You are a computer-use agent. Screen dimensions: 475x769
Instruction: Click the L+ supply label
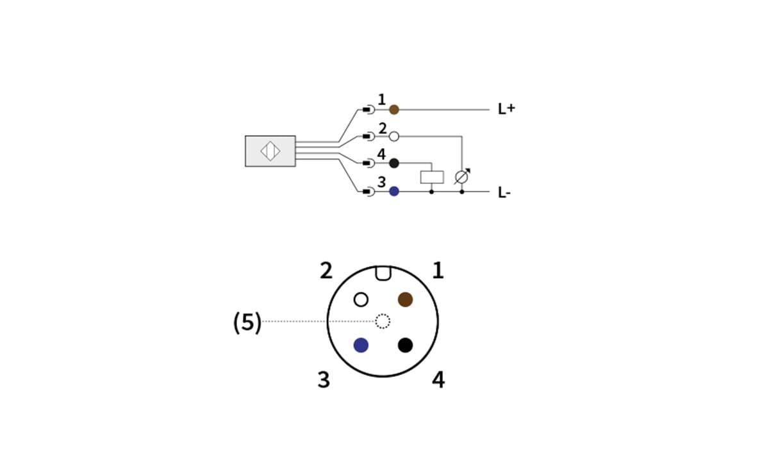[506, 109]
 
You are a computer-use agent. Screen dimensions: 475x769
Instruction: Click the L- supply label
[504, 192]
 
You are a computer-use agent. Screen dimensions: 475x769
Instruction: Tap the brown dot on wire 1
[394, 110]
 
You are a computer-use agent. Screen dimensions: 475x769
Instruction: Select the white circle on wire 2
[394, 136]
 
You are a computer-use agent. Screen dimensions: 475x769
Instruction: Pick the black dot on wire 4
[394, 163]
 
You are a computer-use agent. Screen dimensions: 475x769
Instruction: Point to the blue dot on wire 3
[394, 191]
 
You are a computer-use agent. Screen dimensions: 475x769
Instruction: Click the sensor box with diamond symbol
[270, 151]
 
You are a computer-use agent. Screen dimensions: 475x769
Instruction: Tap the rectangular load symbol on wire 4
[432, 177]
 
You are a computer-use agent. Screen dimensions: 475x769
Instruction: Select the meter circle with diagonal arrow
[461, 177]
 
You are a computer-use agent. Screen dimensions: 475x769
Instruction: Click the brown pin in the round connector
[405, 299]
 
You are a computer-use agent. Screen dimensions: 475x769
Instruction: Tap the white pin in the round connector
[361, 299]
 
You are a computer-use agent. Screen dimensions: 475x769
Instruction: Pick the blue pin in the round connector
[361, 345]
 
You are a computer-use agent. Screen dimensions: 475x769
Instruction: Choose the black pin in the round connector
[405, 345]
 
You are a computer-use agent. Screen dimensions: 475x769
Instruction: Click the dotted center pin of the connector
[383, 321]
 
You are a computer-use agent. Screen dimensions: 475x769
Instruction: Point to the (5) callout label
[247, 322]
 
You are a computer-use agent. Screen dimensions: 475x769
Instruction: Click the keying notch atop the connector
[383, 273]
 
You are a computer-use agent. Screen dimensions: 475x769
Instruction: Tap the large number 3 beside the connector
[324, 380]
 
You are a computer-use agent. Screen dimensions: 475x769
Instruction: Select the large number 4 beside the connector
[438, 380]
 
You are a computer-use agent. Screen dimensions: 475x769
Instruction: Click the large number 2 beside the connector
[326, 271]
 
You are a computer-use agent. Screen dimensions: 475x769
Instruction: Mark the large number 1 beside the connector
[438, 271]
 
